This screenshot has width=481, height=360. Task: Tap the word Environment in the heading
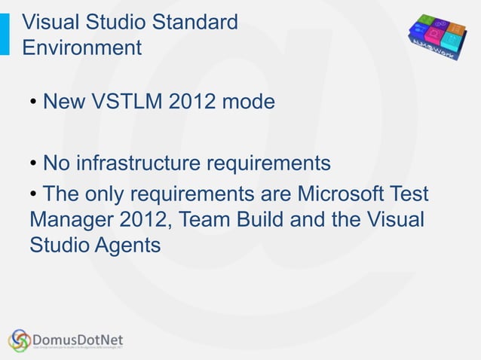pyautogui.click(x=81, y=47)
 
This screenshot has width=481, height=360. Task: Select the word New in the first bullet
pyautogui.click(x=63, y=101)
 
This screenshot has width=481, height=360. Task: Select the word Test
pyautogui.click(x=408, y=194)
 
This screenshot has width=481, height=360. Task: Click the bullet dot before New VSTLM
pyautogui.click(x=35, y=102)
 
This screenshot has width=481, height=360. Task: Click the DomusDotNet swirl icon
pyautogui.click(x=20, y=340)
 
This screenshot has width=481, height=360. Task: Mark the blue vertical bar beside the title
pyautogui.click(x=5, y=34)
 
